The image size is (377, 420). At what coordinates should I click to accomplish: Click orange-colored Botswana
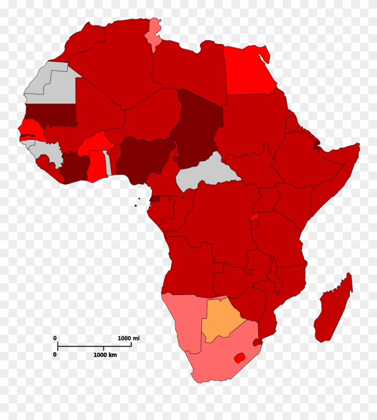pyautogui.click(x=221, y=318)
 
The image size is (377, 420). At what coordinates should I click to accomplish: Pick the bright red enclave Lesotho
pyautogui.click(x=239, y=357)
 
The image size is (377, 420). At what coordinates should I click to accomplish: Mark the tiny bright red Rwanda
pyautogui.click(x=254, y=217)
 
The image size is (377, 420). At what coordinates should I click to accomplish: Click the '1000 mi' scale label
pyautogui.click(x=129, y=338)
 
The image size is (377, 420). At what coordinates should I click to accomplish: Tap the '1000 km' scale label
pyautogui.click(x=105, y=355)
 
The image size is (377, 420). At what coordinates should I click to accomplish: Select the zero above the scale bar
pyautogui.click(x=55, y=338)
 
